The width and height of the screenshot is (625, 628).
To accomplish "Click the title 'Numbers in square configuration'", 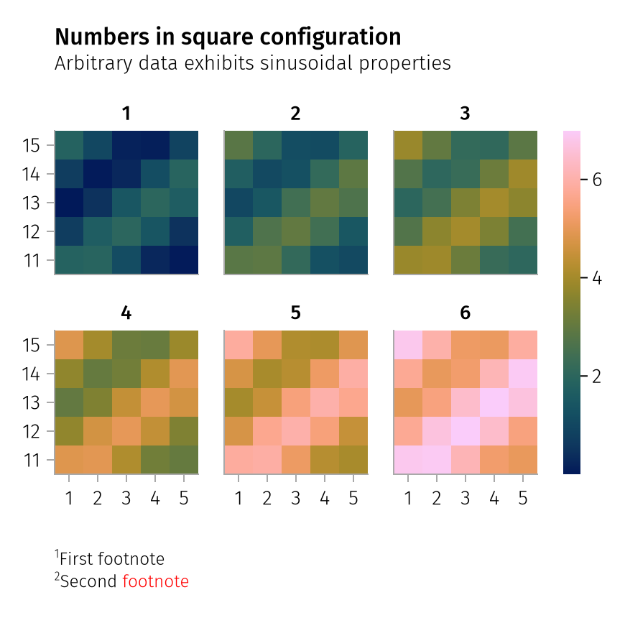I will (228, 37).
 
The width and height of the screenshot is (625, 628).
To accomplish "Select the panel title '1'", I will (126, 114).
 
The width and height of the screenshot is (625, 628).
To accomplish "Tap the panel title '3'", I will (465, 114).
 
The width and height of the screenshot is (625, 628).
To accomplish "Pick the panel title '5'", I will (296, 313).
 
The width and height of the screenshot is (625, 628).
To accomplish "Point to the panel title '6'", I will (465, 313).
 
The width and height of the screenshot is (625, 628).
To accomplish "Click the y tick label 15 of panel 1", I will (30, 146).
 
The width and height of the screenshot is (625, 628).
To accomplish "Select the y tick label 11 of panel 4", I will (30, 460).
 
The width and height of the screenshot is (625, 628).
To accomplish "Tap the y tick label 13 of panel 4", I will (30, 402).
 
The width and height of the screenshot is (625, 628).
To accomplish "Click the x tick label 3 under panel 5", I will (296, 498).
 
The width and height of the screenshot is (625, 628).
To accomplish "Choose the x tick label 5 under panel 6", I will (523, 498).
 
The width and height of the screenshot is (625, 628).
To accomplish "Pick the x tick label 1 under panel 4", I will (69, 498).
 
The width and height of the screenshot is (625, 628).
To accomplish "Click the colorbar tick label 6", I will (596, 180).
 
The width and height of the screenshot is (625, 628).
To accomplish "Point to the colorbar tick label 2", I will (596, 376).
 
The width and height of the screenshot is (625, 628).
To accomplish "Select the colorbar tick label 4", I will (596, 278).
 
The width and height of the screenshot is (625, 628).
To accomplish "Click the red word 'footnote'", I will (156, 581).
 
